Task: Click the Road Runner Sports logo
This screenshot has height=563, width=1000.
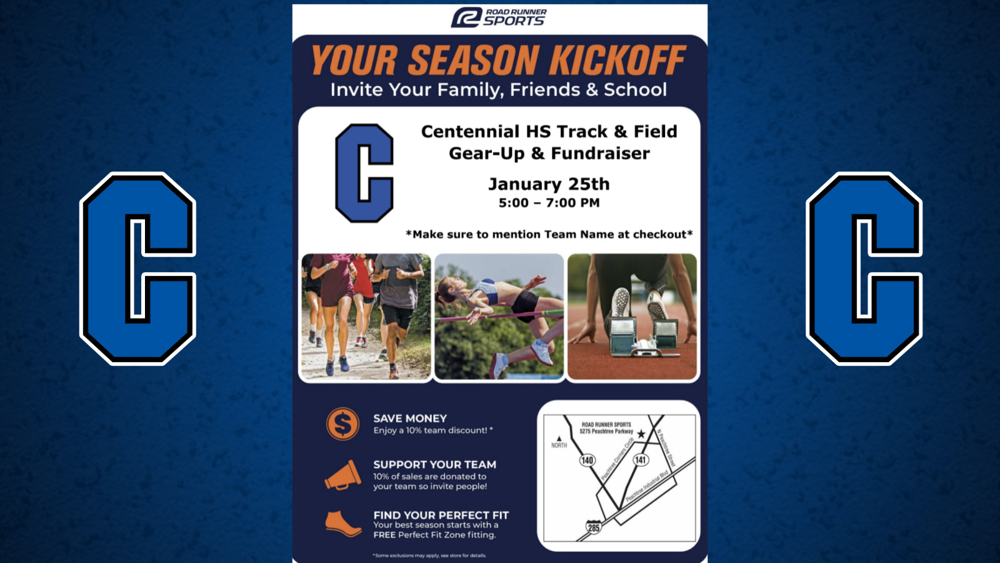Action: [498, 17]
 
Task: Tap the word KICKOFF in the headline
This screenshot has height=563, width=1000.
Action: [617, 61]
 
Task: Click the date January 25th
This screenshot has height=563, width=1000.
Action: [549, 184]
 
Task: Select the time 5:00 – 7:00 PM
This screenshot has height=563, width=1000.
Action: [549, 203]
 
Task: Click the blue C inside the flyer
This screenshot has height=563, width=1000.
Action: [364, 173]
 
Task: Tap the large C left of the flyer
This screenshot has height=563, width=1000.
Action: [137, 268]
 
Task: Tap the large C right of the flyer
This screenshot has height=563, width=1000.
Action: [864, 268]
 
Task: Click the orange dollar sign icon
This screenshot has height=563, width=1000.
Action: [342, 424]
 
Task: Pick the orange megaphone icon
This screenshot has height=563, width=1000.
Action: [343, 475]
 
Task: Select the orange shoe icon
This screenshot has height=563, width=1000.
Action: [343, 524]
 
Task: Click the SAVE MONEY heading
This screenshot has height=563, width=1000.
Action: [410, 418]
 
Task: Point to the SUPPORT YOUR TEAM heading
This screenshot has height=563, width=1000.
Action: [434, 465]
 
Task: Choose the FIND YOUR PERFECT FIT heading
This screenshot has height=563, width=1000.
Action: [441, 515]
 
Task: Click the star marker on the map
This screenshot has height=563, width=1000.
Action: [641, 434]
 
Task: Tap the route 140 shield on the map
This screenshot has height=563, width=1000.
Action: [587, 460]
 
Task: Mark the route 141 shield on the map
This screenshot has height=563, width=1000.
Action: [641, 460]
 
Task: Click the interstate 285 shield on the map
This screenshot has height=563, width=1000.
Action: [593, 527]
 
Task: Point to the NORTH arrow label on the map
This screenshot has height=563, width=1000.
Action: [559, 443]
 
